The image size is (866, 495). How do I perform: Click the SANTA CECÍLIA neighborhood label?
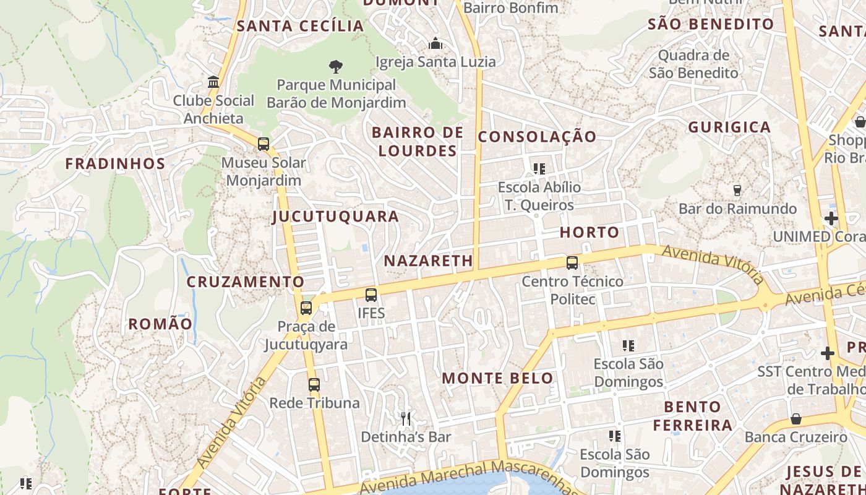point(301,26)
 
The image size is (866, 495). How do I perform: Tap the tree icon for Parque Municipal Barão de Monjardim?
point(336,66)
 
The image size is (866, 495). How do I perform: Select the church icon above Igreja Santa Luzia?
point(435,43)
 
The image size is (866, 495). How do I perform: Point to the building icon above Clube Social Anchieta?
point(213,82)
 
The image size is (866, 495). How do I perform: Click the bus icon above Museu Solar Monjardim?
point(264,144)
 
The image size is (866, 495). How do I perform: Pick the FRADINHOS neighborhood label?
point(116,164)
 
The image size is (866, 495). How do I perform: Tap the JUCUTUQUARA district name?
point(336,217)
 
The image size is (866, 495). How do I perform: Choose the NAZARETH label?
point(429,261)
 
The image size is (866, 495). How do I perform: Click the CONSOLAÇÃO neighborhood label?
point(537,137)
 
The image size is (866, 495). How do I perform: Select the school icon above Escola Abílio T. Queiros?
point(539,168)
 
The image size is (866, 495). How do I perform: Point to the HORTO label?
point(589,233)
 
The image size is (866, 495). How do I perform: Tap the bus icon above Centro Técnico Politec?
point(572,263)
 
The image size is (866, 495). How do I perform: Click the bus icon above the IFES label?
point(371,295)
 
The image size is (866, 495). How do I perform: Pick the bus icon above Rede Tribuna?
point(314,385)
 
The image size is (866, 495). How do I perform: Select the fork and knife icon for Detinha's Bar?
point(406,419)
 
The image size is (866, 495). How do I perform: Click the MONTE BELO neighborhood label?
point(498,378)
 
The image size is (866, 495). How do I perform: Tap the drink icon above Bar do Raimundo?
point(737,190)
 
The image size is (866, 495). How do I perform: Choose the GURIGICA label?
point(730,127)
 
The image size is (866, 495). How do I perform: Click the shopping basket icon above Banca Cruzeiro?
point(795,419)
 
